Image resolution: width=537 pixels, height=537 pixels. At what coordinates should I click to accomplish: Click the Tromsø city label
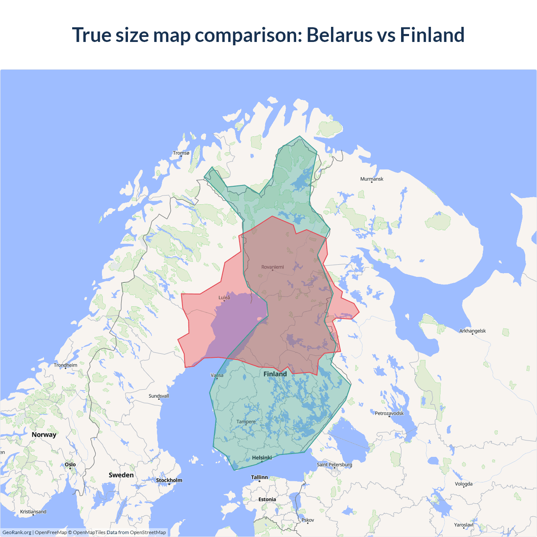(x=181, y=153)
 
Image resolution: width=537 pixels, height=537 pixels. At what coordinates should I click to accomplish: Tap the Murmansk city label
(x=372, y=179)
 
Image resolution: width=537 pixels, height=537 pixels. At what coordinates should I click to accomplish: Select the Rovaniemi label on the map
(x=273, y=267)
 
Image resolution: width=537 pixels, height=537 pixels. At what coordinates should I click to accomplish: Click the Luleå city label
(x=224, y=297)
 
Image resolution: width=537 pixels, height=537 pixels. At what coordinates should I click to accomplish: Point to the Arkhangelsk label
(x=472, y=331)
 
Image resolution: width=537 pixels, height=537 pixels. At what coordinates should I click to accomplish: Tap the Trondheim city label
(x=65, y=365)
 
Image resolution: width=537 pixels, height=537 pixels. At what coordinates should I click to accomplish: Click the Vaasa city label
(x=217, y=375)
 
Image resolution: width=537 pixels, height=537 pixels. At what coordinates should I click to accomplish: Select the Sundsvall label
(x=159, y=396)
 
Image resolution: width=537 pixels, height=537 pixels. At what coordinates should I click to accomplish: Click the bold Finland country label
(x=275, y=374)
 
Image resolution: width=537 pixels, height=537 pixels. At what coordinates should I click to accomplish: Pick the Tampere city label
(x=246, y=422)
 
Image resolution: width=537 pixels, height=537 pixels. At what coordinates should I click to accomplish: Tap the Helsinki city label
(x=262, y=458)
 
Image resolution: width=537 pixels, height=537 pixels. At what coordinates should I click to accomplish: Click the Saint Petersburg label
(x=334, y=464)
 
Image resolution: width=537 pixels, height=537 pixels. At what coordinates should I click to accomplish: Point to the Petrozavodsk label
(x=389, y=413)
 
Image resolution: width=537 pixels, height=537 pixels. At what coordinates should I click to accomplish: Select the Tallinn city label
(x=259, y=477)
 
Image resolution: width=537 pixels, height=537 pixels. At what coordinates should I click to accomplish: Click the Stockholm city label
(x=169, y=480)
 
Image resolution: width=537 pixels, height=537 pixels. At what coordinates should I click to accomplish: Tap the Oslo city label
(x=70, y=464)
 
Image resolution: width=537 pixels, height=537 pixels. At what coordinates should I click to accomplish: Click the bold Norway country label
(x=44, y=435)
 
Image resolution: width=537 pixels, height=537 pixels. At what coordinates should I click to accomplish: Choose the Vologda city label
(x=464, y=484)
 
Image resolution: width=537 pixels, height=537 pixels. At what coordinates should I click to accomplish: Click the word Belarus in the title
(x=339, y=35)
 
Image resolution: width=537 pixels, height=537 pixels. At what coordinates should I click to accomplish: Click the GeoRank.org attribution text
(x=17, y=532)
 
